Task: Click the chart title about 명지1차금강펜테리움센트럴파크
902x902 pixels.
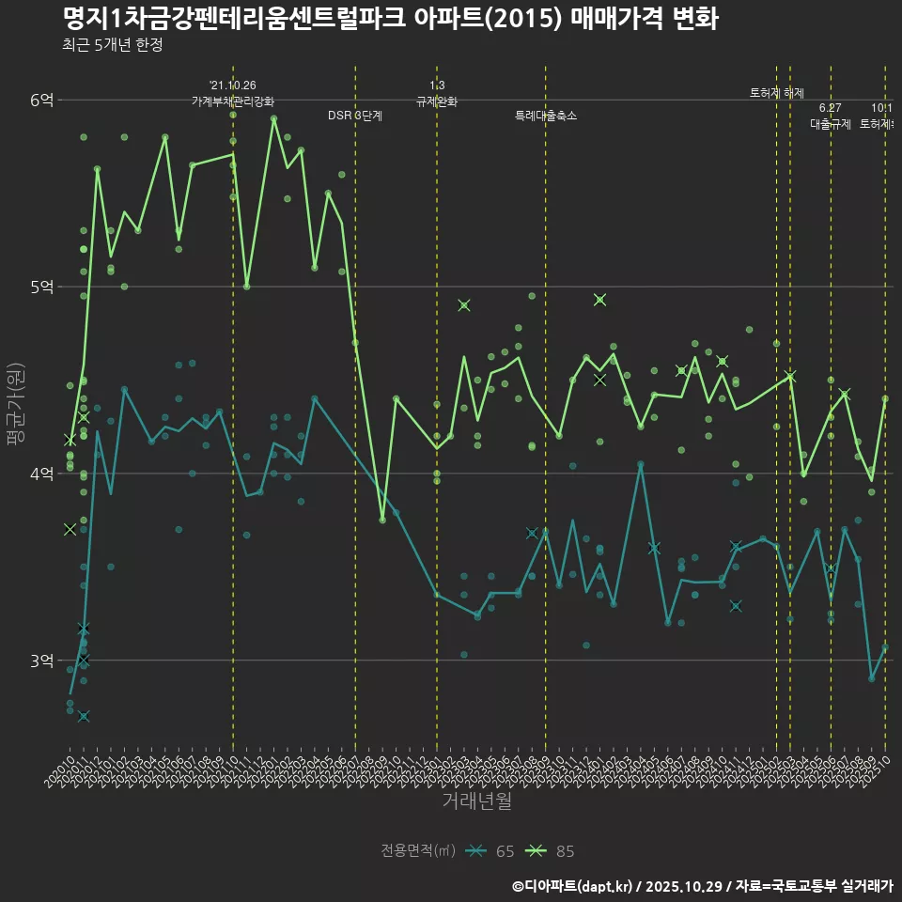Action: click(x=390, y=18)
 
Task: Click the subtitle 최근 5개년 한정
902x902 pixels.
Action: click(x=113, y=45)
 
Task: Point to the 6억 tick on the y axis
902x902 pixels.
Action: click(x=41, y=100)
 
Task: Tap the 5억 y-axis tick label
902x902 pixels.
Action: click(x=41, y=287)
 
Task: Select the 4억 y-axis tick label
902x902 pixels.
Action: click(x=41, y=474)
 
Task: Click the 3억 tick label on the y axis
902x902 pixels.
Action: click(x=41, y=661)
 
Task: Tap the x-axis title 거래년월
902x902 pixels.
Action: click(x=476, y=801)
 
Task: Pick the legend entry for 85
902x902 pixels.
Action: click(x=552, y=851)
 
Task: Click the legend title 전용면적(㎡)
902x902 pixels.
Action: click(x=417, y=851)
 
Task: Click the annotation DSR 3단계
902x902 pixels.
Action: click(x=354, y=116)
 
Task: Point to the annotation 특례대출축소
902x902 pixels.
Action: click(x=545, y=116)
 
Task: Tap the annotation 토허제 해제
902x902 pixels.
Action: click(x=777, y=92)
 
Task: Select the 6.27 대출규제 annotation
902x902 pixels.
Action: click(x=831, y=116)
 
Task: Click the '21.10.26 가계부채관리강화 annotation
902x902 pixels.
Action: click(x=233, y=93)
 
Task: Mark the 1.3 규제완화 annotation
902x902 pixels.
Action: click(x=436, y=93)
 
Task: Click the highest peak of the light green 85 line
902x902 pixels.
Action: click(x=273, y=118)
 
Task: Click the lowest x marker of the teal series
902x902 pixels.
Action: click(x=84, y=717)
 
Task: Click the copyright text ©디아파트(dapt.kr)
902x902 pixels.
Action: click(x=573, y=886)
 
